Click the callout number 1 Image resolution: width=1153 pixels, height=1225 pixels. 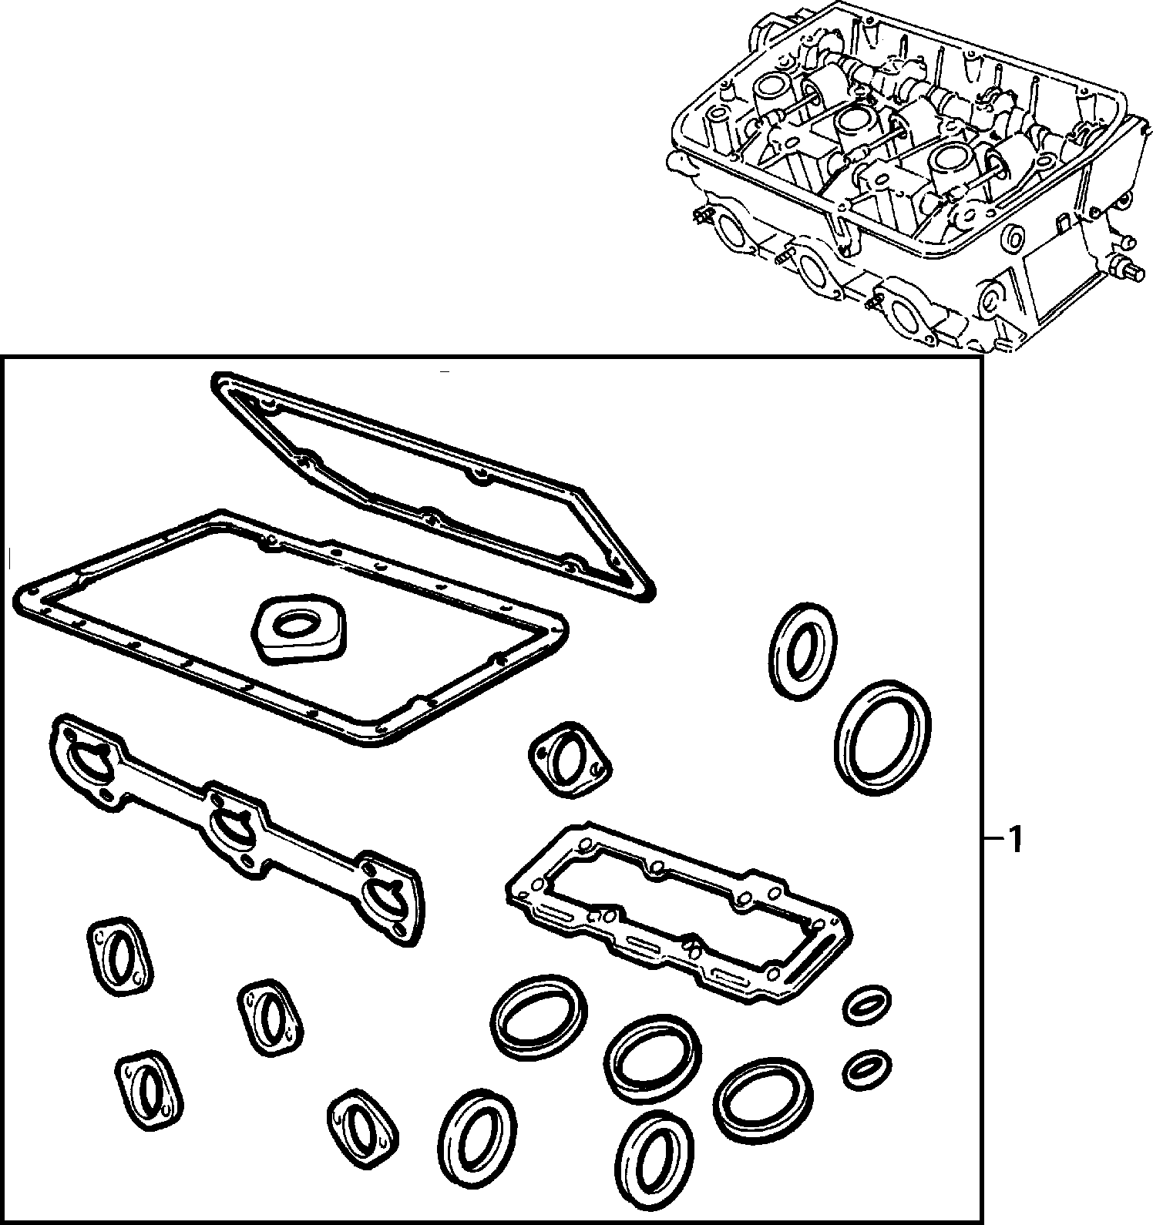[x=1015, y=840]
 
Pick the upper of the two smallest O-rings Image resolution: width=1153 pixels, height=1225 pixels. [x=868, y=1005]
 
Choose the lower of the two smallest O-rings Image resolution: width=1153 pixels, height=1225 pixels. [x=867, y=1069]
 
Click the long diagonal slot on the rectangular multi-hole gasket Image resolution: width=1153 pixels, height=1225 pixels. [x=817, y=950]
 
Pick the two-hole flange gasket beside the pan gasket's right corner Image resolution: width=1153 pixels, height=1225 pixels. [x=570, y=757]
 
